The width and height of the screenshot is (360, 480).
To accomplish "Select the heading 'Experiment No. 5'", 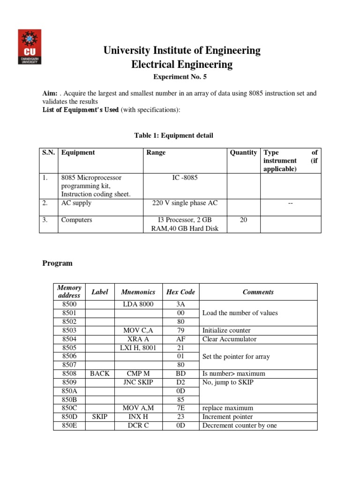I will [x=181, y=77].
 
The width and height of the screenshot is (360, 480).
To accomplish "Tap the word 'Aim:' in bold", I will [x=50, y=94].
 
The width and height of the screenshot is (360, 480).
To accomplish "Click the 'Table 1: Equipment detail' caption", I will [x=173, y=136].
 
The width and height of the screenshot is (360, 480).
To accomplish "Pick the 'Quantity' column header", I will [x=243, y=153].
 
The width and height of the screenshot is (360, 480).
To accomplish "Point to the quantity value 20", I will [x=243, y=220].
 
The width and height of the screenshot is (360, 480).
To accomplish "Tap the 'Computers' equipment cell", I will [x=77, y=220].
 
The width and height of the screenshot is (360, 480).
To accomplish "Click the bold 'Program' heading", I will [x=58, y=263].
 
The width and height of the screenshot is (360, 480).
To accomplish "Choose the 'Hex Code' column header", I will [x=180, y=292].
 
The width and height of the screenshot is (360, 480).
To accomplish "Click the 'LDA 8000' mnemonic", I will [x=138, y=305].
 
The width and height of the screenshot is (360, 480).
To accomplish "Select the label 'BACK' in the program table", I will [x=99, y=374].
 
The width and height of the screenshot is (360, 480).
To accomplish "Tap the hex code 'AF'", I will [x=180, y=339].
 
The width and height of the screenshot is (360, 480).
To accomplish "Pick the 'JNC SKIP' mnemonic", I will [x=138, y=382].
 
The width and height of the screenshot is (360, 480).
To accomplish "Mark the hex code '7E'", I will [x=180, y=408].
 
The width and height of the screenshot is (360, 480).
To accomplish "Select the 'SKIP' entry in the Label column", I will [x=99, y=417].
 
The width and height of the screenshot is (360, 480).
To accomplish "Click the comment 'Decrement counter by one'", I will [x=239, y=426].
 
